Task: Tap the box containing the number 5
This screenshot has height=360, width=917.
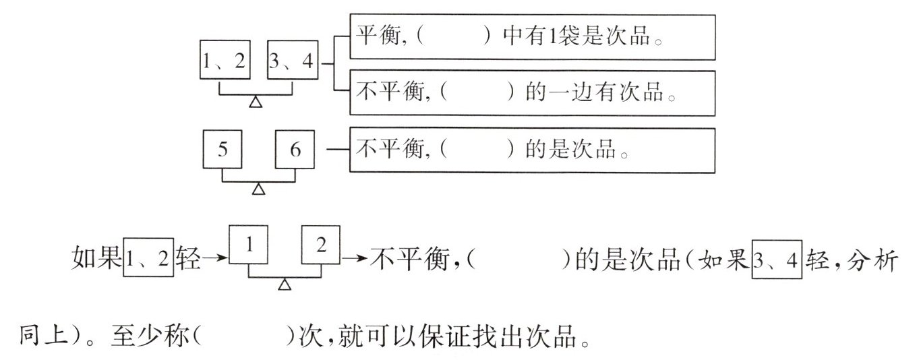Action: tap(223, 150)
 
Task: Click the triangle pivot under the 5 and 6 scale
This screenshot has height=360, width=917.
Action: tap(258, 189)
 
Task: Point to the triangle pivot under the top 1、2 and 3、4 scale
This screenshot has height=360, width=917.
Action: tap(256, 102)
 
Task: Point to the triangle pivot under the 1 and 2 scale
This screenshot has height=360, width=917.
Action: tap(285, 286)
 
